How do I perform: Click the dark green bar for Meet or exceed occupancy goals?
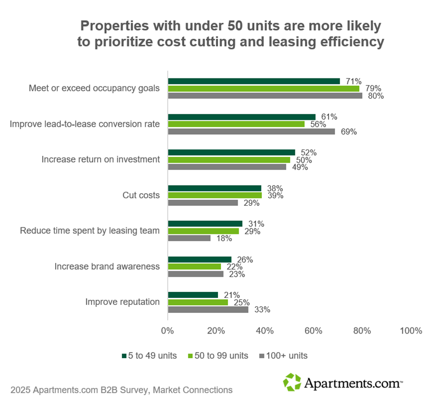254,81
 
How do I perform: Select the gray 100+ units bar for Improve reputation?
208,310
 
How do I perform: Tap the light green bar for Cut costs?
215,195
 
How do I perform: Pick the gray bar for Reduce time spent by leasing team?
189,238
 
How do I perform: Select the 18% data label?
224,238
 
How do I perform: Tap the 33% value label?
262,310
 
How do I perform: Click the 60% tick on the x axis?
313,331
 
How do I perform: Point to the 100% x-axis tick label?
411,331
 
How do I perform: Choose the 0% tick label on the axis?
167,331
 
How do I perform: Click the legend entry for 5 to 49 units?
149,356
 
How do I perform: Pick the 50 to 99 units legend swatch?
190,356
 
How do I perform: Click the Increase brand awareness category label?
107,267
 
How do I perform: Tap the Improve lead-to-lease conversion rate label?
85,124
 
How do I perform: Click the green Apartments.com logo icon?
292,382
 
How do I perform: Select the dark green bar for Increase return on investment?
231,152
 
